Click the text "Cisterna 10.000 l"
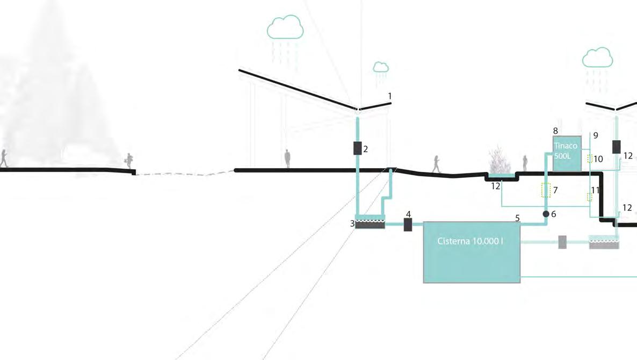pyautogui.click(x=470, y=242)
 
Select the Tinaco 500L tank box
pyautogui.click(x=566, y=154)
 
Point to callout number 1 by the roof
pyautogui.click(x=390, y=96)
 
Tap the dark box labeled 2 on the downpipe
pyautogui.click(x=358, y=148)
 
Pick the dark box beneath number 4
pyautogui.click(x=408, y=225)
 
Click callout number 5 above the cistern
pyautogui.click(x=517, y=218)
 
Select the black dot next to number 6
pyautogui.click(x=546, y=214)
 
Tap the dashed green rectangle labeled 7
pyautogui.click(x=546, y=190)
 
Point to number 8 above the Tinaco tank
pyautogui.click(x=555, y=131)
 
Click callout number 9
pyautogui.click(x=596, y=135)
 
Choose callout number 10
pyautogui.click(x=599, y=159)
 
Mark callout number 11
pyautogui.click(x=595, y=191)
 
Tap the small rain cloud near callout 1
pyautogui.click(x=381, y=67)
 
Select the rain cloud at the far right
pyautogui.click(x=597, y=57)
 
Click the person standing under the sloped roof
pyautogui.click(x=287, y=159)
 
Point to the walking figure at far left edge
pyautogui.click(x=4, y=159)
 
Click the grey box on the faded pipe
pyautogui.click(x=562, y=242)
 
